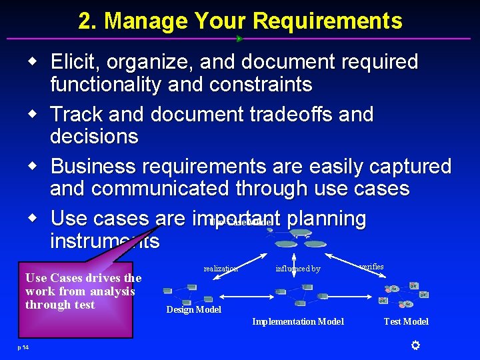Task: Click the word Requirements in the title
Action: coord(327,21)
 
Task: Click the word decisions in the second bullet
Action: coord(94,137)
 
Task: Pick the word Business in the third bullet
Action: coord(95,166)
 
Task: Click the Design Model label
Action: coord(193,309)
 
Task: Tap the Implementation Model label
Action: coord(298,321)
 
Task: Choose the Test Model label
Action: coord(406,321)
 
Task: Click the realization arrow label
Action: coord(221,269)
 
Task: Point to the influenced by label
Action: coord(298,269)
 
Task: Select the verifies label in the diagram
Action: coord(371,267)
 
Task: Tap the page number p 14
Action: coord(24,347)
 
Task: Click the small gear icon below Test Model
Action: coord(415,345)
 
